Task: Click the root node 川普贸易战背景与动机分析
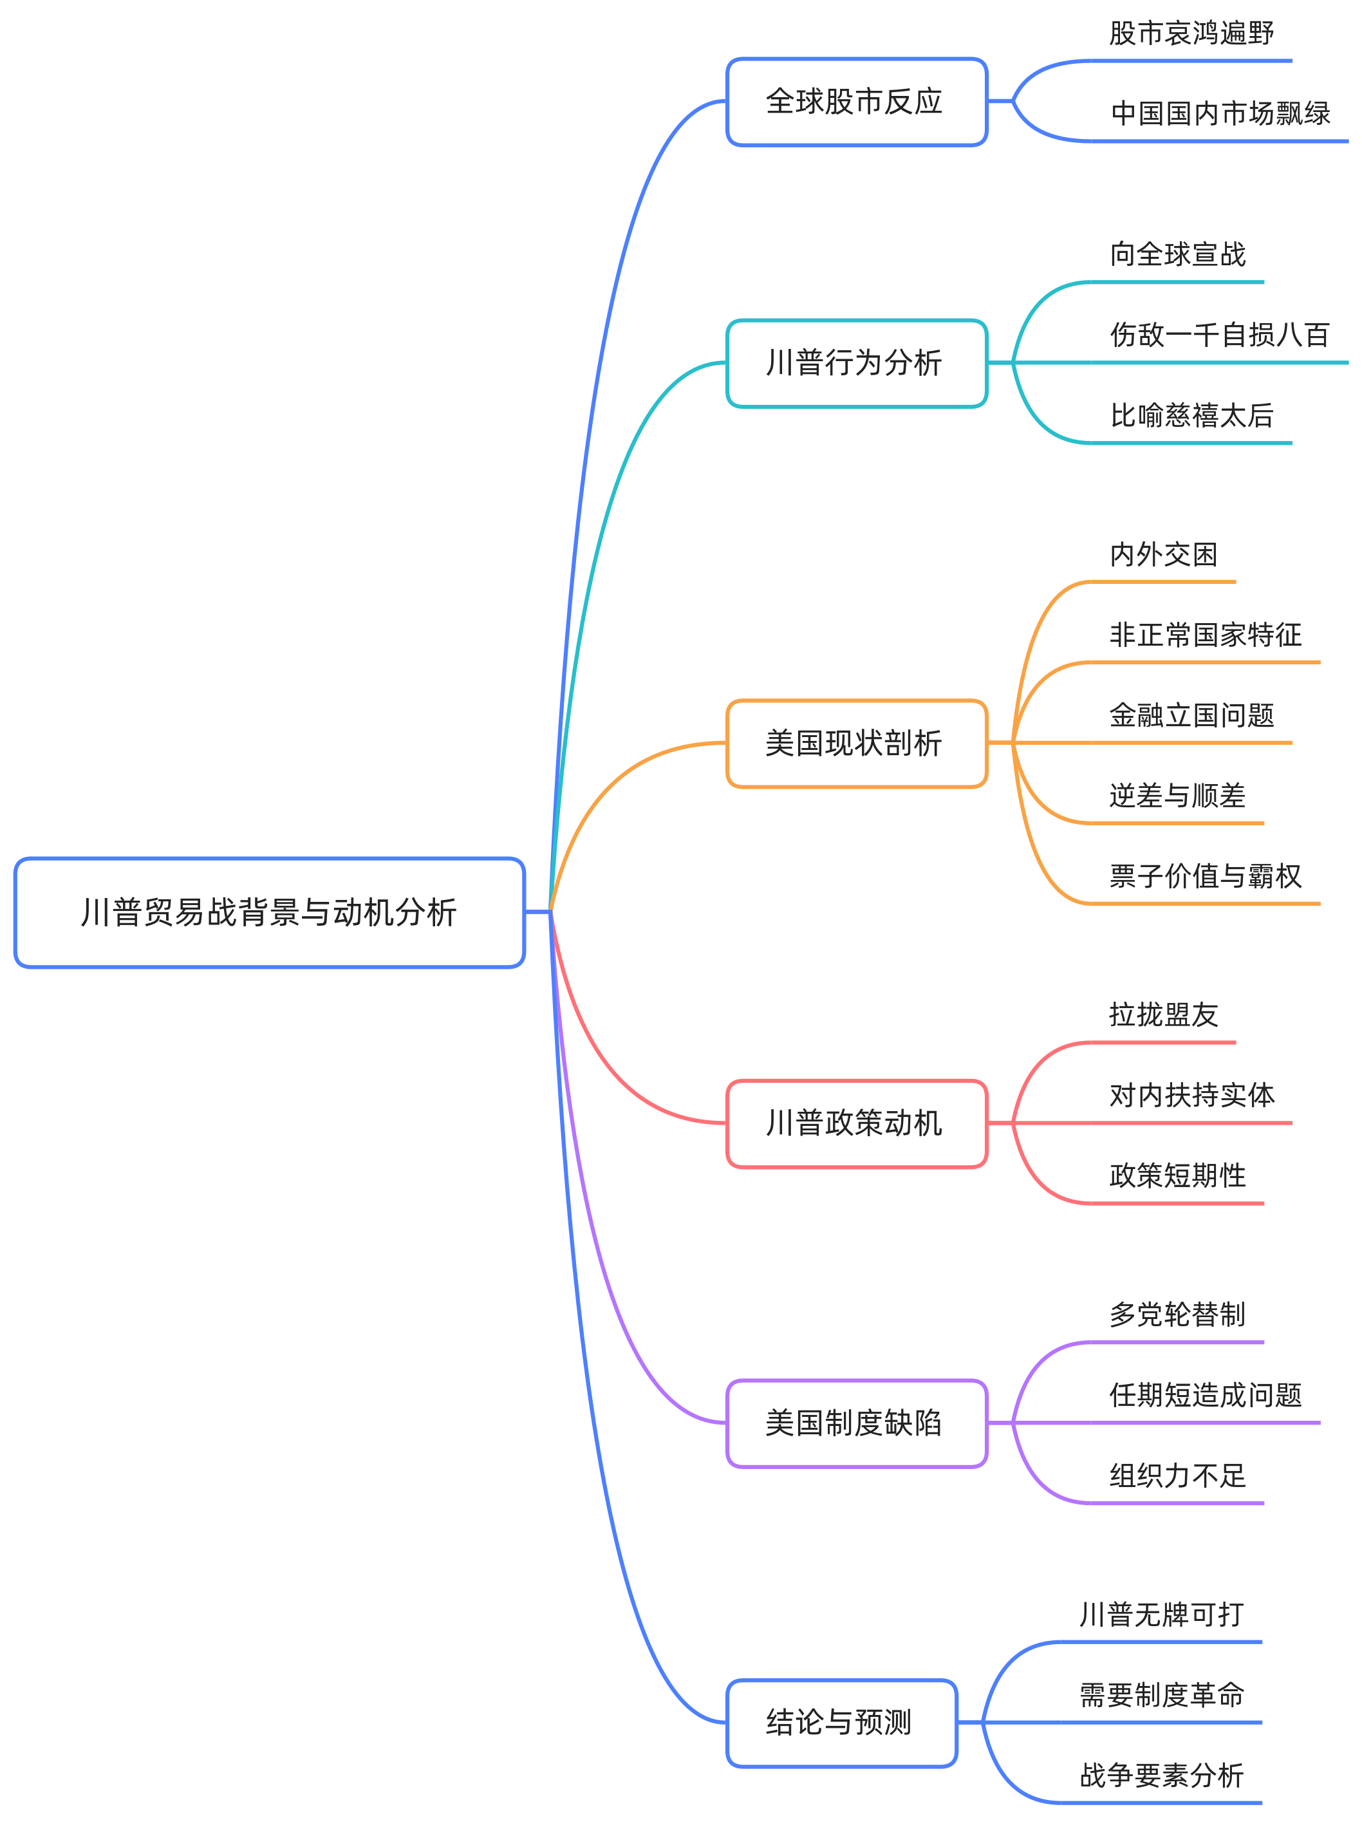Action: pyautogui.click(x=269, y=912)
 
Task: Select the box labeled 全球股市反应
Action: pyautogui.click(x=856, y=102)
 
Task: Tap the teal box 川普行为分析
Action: pyautogui.click(x=856, y=362)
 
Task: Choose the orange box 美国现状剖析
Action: pyautogui.click(x=856, y=743)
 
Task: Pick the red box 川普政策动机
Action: pyautogui.click(x=856, y=1123)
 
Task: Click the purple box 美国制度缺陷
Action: pyautogui.click(x=856, y=1423)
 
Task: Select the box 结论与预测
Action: pyautogui.click(x=841, y=1722)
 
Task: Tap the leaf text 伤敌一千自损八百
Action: pyautogui.click(x=1219, y=335)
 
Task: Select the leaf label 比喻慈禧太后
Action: pyautogui.click(x=1191, y=415)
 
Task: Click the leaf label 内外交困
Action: pyautogui.click(x=1163, y=554)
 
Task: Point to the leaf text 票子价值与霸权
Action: pyautogui.click(x=1206, y=876)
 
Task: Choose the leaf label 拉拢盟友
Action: pyautogui.click(x=1163, y=1014)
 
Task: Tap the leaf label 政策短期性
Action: pyautogui.click(x=1177, y=1175)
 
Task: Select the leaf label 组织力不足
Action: pyautogui.click(x=1177, y=1475)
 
